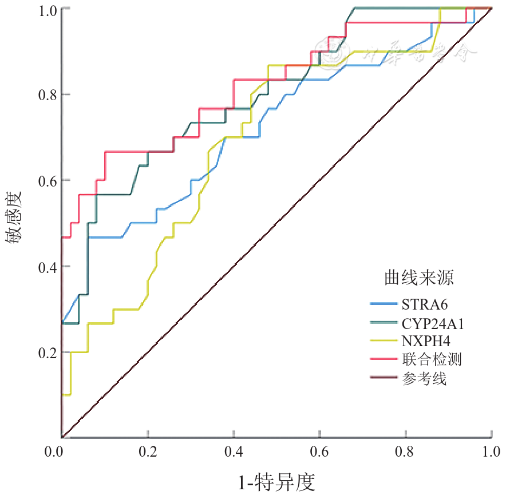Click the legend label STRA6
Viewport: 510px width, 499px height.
coord(424,305)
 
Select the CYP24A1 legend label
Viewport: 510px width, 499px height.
coord(433,323)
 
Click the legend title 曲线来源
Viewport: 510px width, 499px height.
coord(420,278)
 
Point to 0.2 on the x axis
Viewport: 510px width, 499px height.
coord(148,452)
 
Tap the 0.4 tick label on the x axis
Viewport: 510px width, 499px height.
coord(234,452)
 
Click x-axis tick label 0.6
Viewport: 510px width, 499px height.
coord(319,452)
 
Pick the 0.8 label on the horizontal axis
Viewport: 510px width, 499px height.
coord(406,452)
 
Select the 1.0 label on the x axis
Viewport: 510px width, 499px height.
coord(492,452)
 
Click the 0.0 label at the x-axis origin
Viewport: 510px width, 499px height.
coord(55,452)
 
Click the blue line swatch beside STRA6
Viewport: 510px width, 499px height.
coord(384,304)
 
